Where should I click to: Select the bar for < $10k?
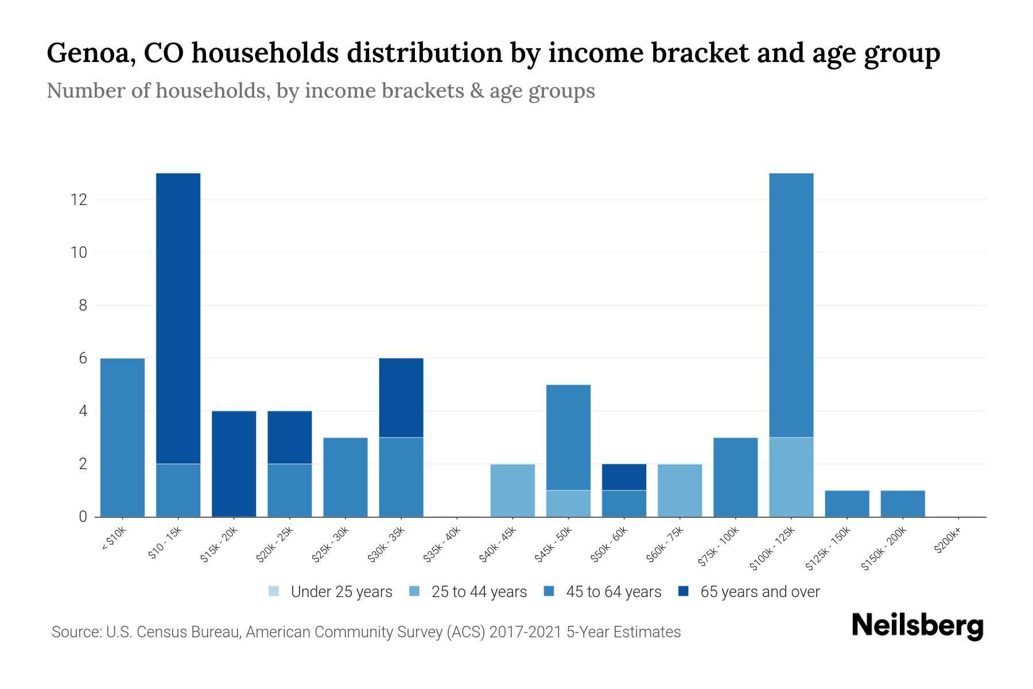point(122,438)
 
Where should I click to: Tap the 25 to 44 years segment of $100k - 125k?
point(791,477)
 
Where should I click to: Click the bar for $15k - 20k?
point(234,464)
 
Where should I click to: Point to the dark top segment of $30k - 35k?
point(401,398)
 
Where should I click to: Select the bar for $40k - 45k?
point(512,490)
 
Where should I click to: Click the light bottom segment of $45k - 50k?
point(568,504)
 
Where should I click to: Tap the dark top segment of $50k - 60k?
point(624,477)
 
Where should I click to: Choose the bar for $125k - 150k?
point(846,504)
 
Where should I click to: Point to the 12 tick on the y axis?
point(78,200)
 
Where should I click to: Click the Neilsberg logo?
point(917,625)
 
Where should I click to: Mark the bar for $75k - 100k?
point(735,477)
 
